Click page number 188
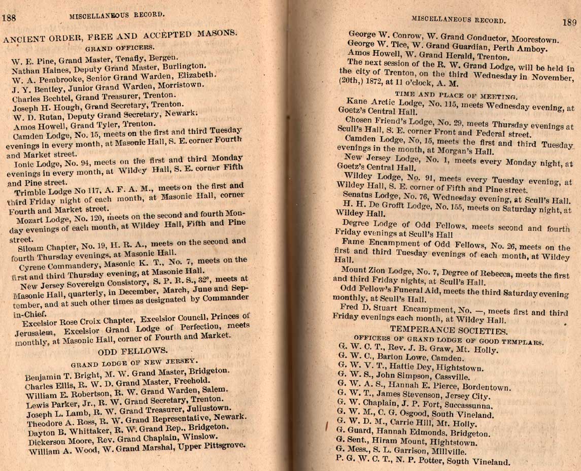pos(9,17)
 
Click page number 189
pos(570,22)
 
